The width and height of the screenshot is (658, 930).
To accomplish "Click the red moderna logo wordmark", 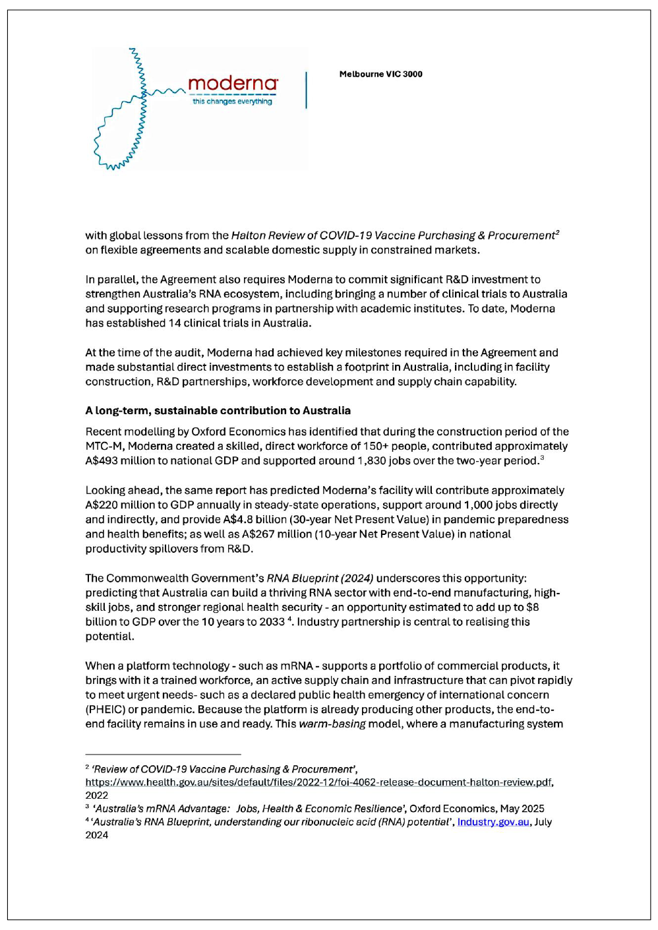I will pos(232,84).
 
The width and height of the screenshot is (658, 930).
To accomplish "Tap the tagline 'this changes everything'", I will pos(232,102).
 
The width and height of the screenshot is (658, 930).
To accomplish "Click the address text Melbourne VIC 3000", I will pos(380,74).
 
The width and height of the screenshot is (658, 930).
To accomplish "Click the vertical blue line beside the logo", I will pos(306,90).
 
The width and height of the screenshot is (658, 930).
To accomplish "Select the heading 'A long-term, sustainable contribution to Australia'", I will pos(218,410).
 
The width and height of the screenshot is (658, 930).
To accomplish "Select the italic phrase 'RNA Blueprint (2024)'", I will pos(320,578).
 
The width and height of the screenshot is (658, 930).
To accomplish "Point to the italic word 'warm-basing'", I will pos(332,724).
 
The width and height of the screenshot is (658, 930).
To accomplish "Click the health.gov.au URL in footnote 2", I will pos(318,782).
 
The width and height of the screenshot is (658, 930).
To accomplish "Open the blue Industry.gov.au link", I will pos(493,822).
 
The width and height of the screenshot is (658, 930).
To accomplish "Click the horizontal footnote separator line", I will pos(163,754).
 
